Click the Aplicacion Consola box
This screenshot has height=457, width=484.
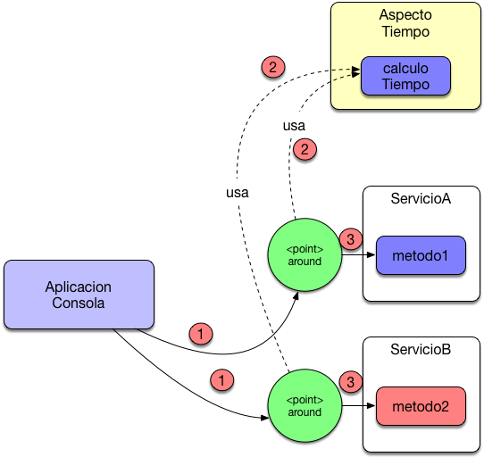coord(79,295)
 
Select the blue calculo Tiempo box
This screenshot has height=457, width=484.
coord(405,77)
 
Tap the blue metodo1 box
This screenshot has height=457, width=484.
coord(421,255)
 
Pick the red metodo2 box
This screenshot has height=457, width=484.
coord(421,406)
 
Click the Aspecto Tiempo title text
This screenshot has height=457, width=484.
coord(405,24)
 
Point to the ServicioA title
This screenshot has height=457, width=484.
coord(421,198)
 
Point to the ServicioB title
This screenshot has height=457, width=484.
coord(421,348)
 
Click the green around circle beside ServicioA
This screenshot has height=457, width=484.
coord(305,254)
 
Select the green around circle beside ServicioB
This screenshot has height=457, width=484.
coord(305,406)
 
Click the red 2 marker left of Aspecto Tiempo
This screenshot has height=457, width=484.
coord(272,66)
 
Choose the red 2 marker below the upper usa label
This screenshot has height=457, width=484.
coord(305,150)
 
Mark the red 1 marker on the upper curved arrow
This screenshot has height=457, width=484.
coord(202,334)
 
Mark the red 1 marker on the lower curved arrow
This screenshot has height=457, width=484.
coord(221,379)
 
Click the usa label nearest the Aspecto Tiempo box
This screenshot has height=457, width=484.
coord(294,126)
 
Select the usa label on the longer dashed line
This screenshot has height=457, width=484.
coord(237,192)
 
